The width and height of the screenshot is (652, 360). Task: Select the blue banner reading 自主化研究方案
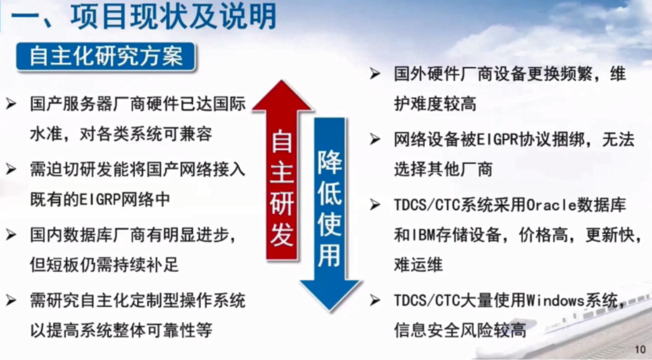(x=106, y=57)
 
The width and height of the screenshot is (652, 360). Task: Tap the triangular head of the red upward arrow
(x=282, y=95)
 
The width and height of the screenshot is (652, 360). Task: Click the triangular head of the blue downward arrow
(x=330, y=294)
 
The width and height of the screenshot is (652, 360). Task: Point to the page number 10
(x=640, y=349)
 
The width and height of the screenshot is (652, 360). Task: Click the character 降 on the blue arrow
(x=329, y=162)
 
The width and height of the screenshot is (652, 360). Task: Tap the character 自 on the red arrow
(x=282, y=141)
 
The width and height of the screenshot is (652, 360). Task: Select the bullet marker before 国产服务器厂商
(x=11, y=104)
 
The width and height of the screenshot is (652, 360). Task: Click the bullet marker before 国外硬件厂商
(x=375, y=74)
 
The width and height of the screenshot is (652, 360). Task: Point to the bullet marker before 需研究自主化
(x=11, y=301)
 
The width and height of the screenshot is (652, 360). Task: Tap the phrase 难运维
(x=418, y=265)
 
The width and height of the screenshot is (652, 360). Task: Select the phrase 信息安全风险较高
(x=460, y=330)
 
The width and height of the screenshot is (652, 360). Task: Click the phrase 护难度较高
(x=435, y=104)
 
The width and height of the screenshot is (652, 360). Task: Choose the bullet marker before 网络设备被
(x=375, y=140)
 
